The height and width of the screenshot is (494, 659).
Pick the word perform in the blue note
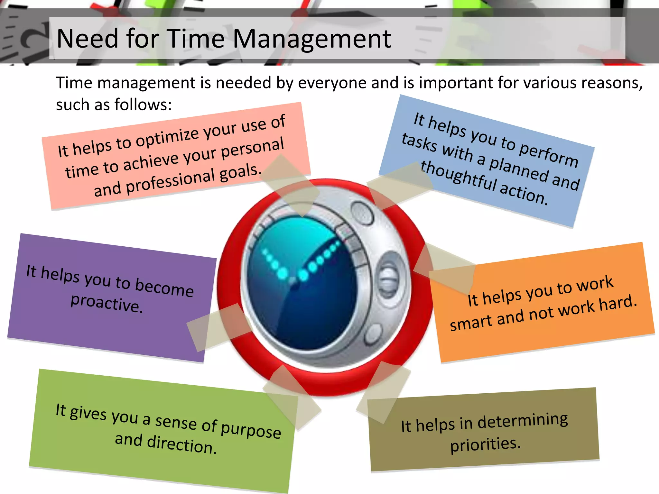click(548, 154)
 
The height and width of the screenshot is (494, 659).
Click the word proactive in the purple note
click(106, 303)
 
